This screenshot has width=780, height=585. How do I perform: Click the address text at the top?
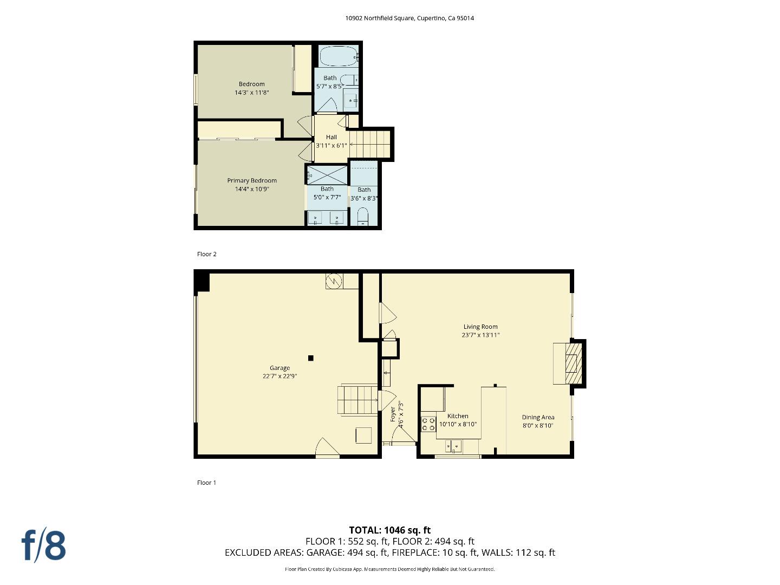[x=409, y=18]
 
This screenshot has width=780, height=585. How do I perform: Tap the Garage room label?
[x=279, y=368]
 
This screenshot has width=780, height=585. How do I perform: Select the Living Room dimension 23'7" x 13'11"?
[x=480, y=335]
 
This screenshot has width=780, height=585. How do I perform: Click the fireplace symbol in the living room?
[x=572, y=363]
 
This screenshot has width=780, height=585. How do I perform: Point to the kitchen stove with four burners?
[x=428, y=424]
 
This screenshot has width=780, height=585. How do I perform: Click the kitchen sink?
[x=453, y=446]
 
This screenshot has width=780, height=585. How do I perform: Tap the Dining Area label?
[x=538, y=417]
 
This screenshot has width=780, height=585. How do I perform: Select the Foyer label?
[x=393, y=414]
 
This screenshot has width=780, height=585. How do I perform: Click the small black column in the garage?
[x=311, y=357]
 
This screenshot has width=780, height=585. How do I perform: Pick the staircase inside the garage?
[x=357, y=400]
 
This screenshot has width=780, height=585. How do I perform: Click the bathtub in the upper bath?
[x=338, y=56]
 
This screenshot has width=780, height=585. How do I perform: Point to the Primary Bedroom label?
[x=252, y=180]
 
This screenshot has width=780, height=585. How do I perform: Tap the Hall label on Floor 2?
[x=331, y=137]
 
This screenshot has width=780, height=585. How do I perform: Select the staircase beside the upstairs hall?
[x=370, y=144]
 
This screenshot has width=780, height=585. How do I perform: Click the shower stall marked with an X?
[x=328, y=175]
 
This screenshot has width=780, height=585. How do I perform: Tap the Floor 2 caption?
[x=207, y=254]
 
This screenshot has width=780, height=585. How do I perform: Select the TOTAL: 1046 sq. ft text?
[x=389, y=530]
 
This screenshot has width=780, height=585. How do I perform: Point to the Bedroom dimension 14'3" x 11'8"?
[x=252, y=93]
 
